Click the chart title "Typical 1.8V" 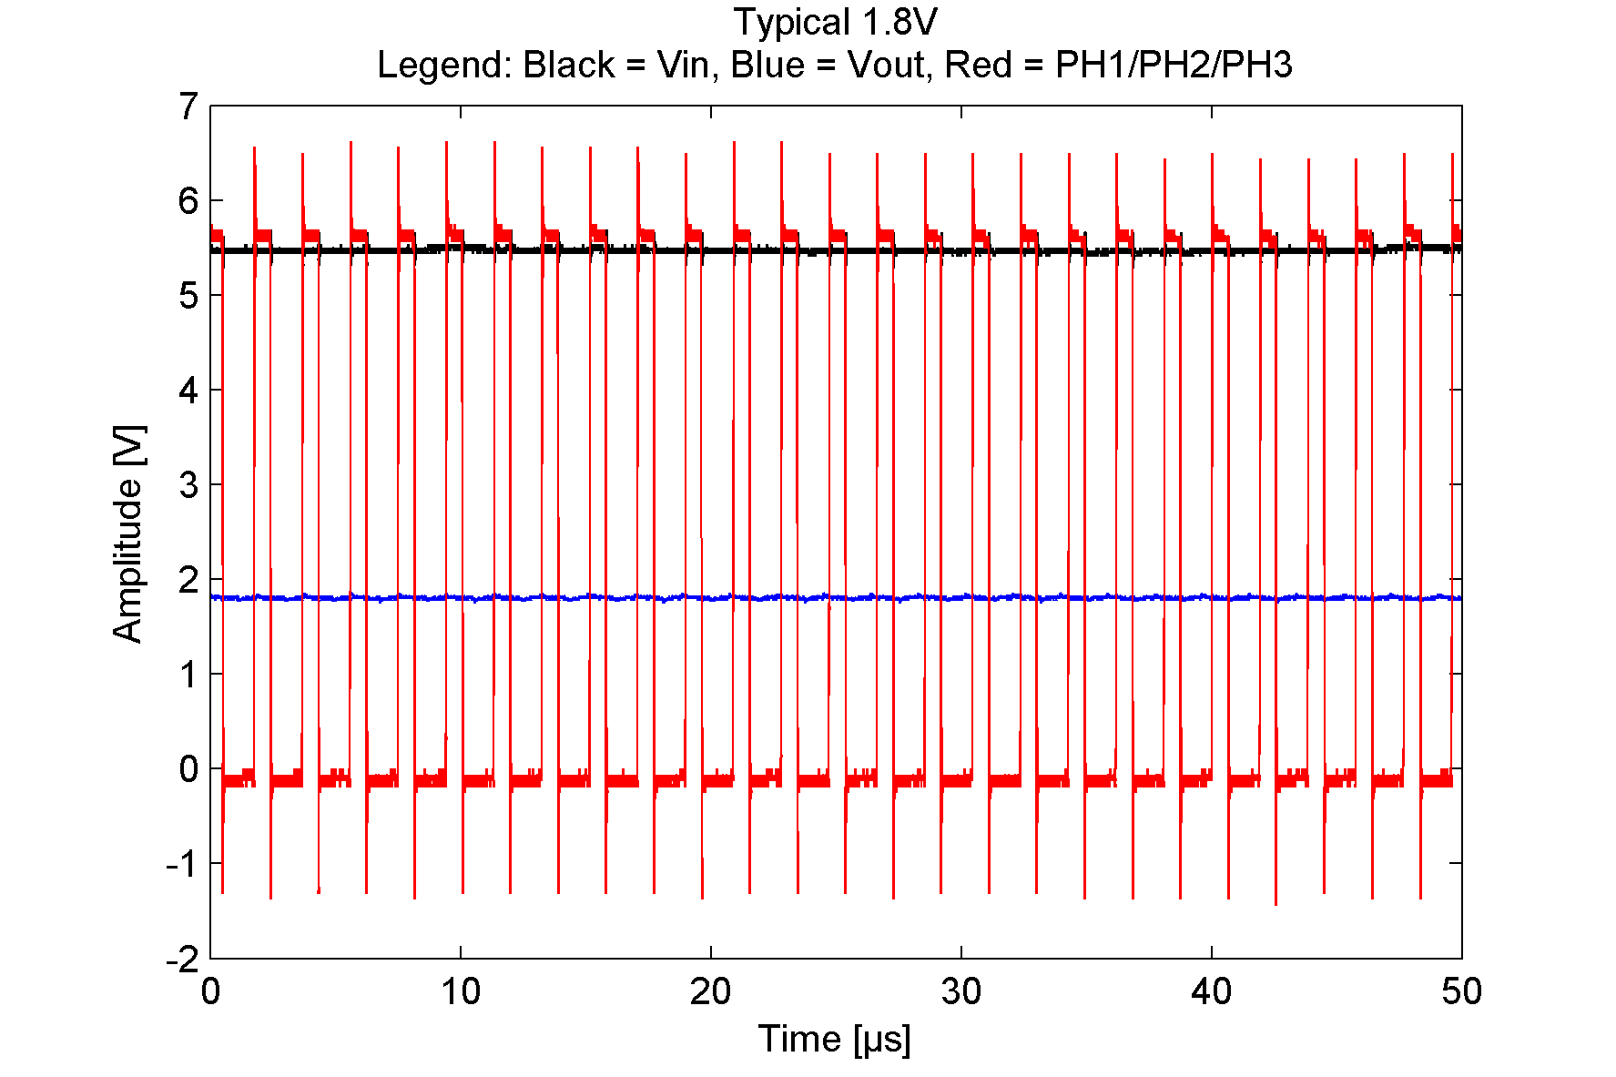(835, 22)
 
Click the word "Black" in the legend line (569, 65)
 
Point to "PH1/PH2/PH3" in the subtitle (1174, 65)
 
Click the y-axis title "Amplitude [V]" (128, 533)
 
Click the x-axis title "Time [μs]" (834, 1039)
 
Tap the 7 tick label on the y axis (188, 107)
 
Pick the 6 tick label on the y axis (188, 201)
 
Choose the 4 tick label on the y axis (188, 391)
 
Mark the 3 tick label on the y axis (188, 485)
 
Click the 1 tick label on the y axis (188, 675)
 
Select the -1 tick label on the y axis (182, 864)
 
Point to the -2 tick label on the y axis (182, 959)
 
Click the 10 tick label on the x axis (461, 991)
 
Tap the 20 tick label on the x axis (710, 991)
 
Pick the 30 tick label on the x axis (961, 991)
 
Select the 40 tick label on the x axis (1212, 991)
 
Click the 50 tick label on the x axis (1461, 991)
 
